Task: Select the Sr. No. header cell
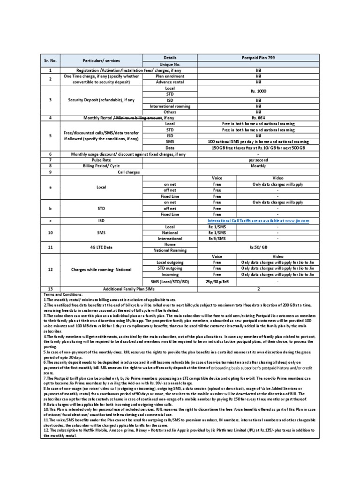(x=50, y=61)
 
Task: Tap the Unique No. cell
(x=169, y=64)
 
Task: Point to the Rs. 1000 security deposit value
(x=258, y=91)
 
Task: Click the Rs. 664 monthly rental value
(x=258, y=118)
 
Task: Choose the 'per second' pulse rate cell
(x=258, y=160)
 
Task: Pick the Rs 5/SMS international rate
(x=217, y=238)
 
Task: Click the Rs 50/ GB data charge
(x=258, y=247)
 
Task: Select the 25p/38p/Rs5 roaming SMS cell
(x=217, y=282)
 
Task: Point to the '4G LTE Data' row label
(x=102, y=247)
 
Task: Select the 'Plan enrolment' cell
(x=169, y=75)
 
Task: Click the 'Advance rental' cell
(x=169, y=82)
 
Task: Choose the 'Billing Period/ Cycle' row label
(x=102, y=165)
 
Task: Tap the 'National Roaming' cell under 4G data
(x=169, y=250)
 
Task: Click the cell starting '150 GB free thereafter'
(x=258, y=147)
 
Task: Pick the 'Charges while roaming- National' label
(x=102, y=270)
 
